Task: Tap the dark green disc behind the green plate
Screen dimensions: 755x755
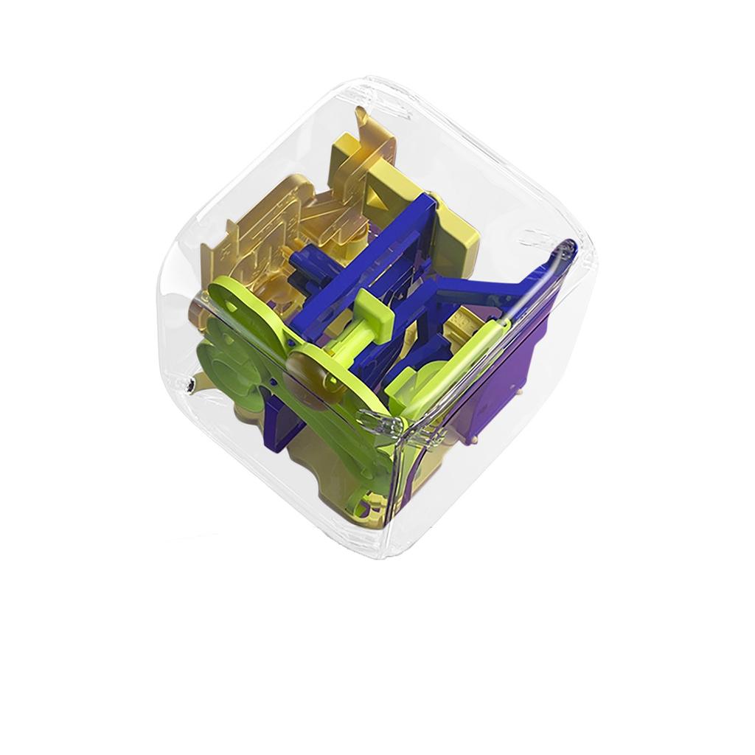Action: click(225, 361)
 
